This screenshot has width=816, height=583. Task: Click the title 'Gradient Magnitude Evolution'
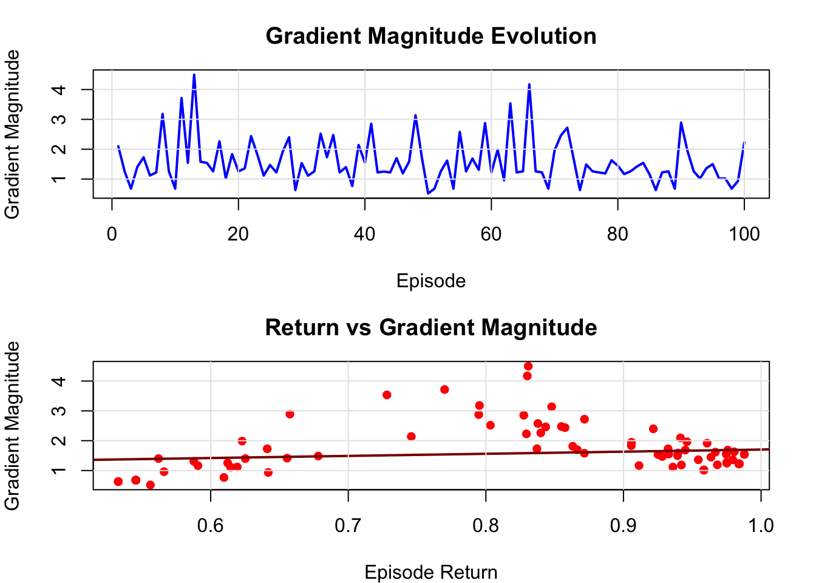point(431,36)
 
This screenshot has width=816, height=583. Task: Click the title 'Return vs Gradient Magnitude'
point(431,328)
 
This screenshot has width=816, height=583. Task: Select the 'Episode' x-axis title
point(431,281)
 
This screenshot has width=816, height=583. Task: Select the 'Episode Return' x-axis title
point(431,572)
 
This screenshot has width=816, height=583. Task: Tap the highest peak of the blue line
point(194,75)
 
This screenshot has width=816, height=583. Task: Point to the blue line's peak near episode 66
point(529,84)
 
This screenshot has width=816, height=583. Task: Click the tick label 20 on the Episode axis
point(238,234)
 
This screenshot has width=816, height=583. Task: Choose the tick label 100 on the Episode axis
point(744,234)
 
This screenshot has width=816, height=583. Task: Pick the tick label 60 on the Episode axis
point(491,234)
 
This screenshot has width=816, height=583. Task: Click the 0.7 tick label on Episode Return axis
point(348,525)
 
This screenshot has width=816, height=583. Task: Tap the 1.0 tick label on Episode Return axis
point(761,525)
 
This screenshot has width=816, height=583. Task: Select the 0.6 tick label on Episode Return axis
point(211,525)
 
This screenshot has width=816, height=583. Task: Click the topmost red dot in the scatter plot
point(528,366)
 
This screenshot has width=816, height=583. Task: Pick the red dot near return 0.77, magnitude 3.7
point(444,389)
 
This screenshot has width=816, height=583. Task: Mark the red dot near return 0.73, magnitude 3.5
point(387,395)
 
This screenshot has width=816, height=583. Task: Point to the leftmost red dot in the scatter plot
point(118,482)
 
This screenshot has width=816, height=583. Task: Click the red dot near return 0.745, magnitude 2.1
point(411,436)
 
